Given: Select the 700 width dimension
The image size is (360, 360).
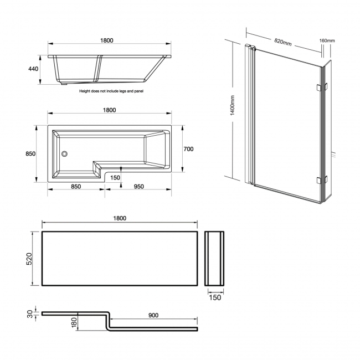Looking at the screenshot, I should tap(188, 149).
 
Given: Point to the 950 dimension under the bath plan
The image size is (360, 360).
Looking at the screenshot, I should tap(138, 187).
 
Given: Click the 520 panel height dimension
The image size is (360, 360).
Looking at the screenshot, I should tap(34, 258).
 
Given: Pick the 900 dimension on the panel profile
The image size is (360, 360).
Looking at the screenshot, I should tap(153, 315).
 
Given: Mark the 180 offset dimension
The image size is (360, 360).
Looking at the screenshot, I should tap(74, 322).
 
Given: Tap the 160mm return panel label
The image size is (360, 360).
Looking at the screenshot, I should tap(327, 41).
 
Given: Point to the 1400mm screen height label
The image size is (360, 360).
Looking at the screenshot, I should tap(233, 106).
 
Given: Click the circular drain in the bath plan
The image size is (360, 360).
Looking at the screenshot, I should tap(64, 155).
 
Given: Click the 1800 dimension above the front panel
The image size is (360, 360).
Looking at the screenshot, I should tap(120, 218).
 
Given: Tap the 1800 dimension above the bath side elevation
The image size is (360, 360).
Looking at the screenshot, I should tap(107, 40).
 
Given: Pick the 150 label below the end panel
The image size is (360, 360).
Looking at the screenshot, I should tap(215, 297).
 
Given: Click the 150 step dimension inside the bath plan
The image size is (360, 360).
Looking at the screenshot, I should tap(115, 177).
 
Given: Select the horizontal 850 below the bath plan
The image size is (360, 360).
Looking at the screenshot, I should tap(76, 187).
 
